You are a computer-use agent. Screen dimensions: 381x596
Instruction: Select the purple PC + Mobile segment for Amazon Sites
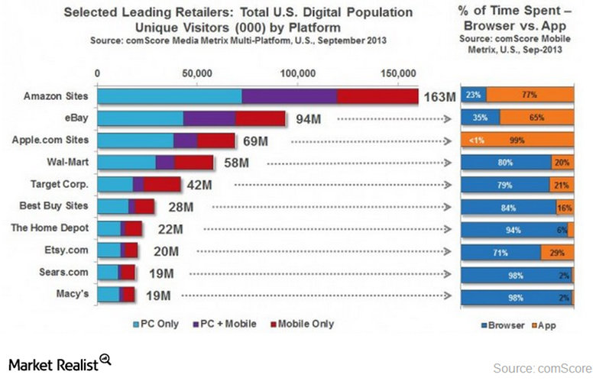click(x=289, y=96)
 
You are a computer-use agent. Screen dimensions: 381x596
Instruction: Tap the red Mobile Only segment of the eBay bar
click(x=260, y=118)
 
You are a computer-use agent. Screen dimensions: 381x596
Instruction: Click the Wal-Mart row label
click(x=68, y=162)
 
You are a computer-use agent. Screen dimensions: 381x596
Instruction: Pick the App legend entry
click(x=544, y=324)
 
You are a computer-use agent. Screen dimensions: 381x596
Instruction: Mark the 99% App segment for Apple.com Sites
click(x=518, y=140)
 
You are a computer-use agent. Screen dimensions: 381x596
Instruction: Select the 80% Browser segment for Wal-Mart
click(x=505, y=162)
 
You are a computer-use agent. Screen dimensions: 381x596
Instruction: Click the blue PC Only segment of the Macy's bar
click(x=109, y=295)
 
